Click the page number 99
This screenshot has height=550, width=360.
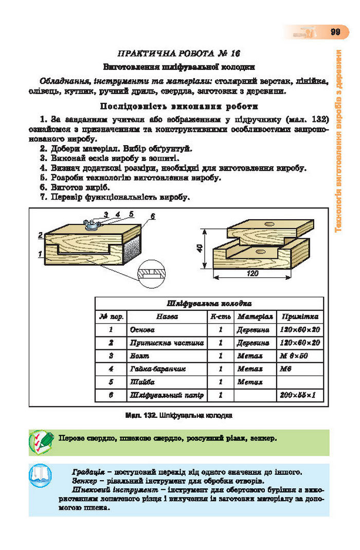335,32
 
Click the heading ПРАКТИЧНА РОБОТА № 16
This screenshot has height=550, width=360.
179,54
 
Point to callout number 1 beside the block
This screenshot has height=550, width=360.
40,254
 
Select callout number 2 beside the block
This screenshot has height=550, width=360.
40,235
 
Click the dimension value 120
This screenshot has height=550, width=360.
253,274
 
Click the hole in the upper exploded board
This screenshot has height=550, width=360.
269,224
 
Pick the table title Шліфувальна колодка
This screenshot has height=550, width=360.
209,304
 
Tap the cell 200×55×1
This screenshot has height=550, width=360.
297,395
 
